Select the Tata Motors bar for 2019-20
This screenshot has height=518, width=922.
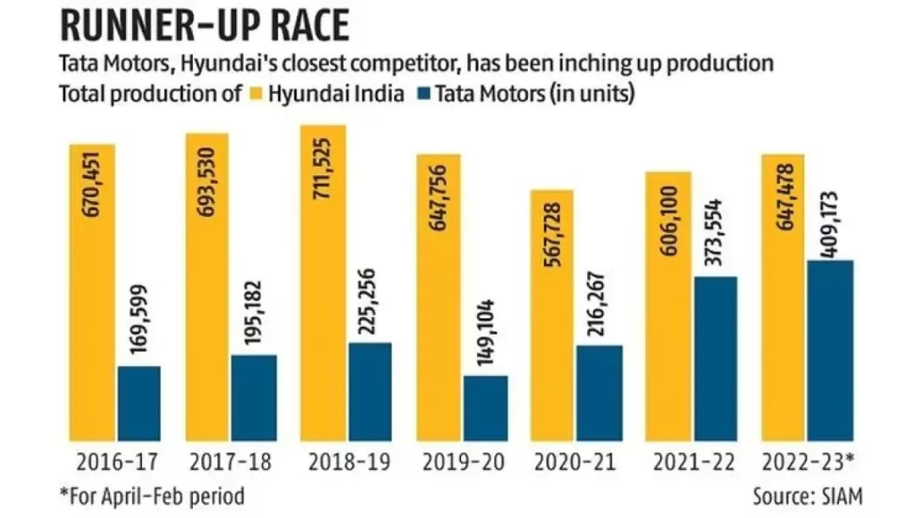(486, 409)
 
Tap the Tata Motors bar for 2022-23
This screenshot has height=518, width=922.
(831, 351)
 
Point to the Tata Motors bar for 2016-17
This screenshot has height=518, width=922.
(139, 404)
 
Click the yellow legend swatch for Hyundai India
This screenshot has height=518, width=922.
(255, 93)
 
